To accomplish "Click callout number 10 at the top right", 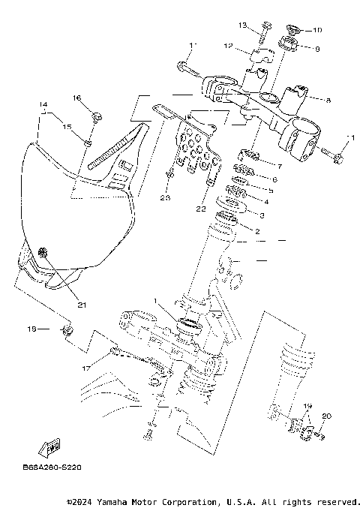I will [x=317, y=31].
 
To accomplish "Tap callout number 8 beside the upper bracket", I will [x=328, y=99].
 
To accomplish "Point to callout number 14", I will [x=43, y=104].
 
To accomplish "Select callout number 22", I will [x=200, y=208].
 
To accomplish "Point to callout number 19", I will [x=306, y=406].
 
